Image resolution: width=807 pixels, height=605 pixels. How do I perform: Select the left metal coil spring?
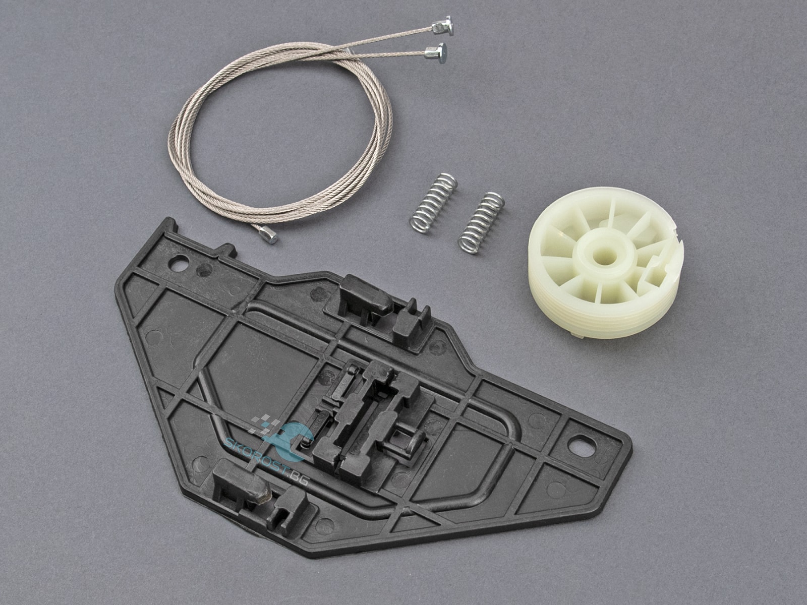click(433, 203)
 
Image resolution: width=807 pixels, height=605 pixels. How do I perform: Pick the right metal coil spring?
click(481, 223)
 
